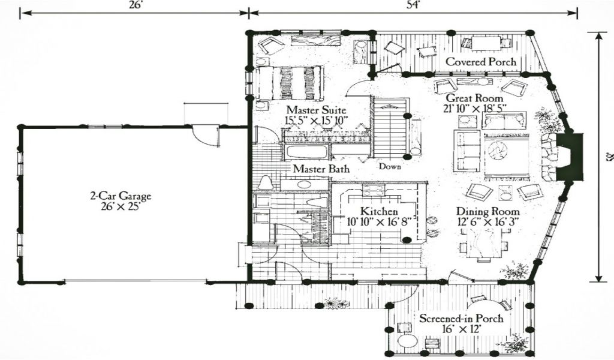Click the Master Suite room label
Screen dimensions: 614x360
pos(316,109)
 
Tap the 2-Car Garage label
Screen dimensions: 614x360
pos(121,195)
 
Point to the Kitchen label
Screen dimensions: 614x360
pos(379,211)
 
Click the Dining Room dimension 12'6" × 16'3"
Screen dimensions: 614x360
pos(487,222)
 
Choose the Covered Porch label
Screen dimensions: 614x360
pos(481,62)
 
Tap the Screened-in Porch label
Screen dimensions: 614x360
pos(461,318)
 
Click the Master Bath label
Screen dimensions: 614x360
pos(321,169)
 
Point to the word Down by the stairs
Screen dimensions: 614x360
pos(390,166)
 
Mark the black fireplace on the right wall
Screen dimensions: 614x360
pos(570,157)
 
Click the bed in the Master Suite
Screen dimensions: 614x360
pos(290,83)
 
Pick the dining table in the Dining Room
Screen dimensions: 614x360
pos(484,243)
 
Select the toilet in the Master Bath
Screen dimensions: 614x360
pos(266,183)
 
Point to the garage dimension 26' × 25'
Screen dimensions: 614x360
pos(121,206)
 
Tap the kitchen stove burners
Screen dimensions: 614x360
pos(373,190)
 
